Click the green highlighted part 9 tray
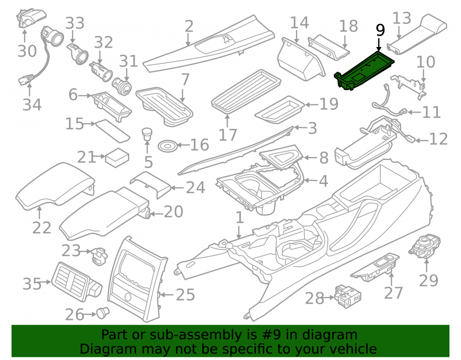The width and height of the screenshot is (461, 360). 364,70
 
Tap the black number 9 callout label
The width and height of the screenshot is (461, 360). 380,30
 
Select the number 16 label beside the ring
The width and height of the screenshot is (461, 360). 199,145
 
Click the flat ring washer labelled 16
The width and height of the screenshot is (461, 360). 168,146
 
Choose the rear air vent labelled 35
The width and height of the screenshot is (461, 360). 77,282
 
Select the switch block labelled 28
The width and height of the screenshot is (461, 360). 348,296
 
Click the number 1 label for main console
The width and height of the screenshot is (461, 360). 240,218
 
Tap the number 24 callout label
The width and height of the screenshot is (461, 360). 195,188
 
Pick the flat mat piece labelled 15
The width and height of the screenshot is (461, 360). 113,131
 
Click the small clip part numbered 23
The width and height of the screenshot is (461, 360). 100,255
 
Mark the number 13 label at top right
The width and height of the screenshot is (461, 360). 402,18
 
